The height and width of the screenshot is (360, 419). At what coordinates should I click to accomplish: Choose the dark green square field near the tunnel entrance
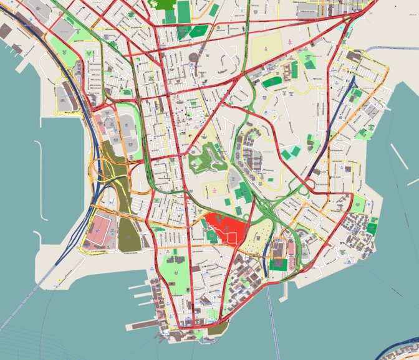pyautogui.click(x=280, y=264)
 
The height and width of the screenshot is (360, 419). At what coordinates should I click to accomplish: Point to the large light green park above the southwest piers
pyautogui.click(x=173, y=272)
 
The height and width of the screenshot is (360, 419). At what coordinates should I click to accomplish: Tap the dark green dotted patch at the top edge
pyautogui.click(x=165, y=4)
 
